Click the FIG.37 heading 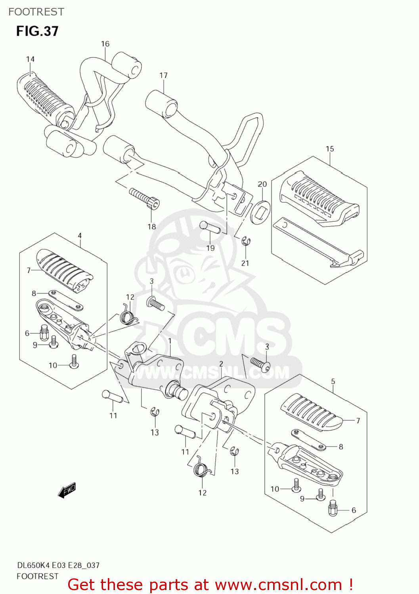37,31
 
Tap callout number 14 31,59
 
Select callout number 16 105,44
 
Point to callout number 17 164,75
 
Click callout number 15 330,149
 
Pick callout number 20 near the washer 262,184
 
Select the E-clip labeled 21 246,241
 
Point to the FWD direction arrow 67,490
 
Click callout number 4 80,236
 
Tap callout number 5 333,381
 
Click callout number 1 170,341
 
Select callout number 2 221,364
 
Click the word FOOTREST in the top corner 36,12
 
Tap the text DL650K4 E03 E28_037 58,565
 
